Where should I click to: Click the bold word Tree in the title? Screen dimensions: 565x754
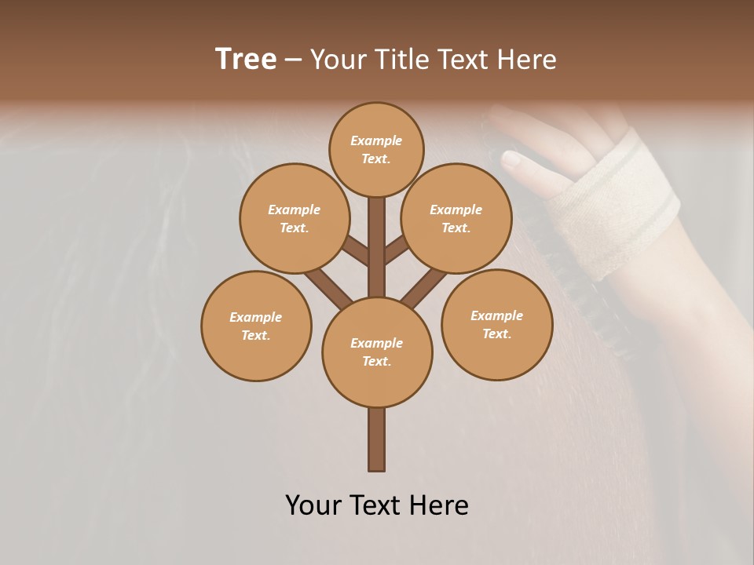click(246, 60)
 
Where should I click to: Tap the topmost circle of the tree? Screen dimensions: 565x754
click(376, 149)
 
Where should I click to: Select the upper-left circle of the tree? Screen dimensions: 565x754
click(294, 218)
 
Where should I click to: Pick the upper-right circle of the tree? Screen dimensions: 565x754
click(456, 218)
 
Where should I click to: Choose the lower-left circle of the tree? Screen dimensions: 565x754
click(256, 326)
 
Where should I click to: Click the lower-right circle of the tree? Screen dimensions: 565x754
click(496, 324)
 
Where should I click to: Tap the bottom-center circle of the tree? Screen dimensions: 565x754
click(377, 352)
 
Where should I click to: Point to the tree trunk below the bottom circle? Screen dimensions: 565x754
click(376, 439)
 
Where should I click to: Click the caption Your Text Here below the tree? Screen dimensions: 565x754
click(376, 505)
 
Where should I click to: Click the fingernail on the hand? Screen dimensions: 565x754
click(511, 161)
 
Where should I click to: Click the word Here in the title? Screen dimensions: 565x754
click(526, 60)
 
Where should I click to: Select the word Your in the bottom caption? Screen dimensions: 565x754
click(313, 505)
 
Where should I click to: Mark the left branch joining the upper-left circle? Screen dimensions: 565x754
click(355, 251)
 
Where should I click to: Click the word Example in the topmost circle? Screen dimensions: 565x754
click(376, 141)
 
